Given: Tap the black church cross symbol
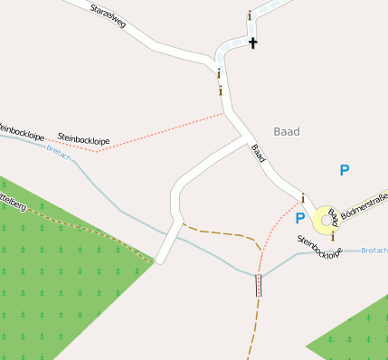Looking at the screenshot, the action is click(253, 43).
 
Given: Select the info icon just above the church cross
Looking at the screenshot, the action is click(250, 15).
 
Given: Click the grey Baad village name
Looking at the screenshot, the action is click(286, 131).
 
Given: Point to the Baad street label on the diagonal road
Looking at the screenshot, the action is click(259, 155).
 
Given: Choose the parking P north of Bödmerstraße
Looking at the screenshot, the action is click(344, 169).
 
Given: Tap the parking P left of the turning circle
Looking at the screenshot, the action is click(300, 217).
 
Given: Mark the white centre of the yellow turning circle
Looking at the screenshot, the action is click(323, 220).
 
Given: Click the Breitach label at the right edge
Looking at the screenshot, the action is click(374, 250).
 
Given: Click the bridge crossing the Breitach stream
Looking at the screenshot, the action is click(260, 284).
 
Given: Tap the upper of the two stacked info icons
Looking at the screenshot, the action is click(219, 73).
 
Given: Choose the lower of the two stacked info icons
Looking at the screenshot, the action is click(221, 90).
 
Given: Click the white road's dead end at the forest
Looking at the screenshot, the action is click(159, 261).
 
